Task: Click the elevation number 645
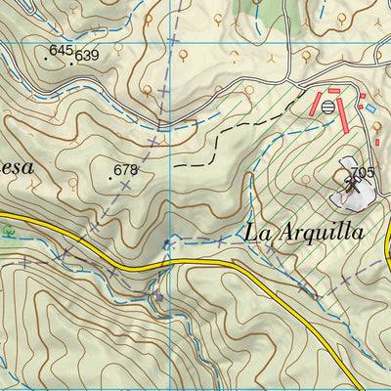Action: [x=61, y=49]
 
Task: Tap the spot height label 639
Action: [x=87, y=56]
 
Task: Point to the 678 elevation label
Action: [x=126, y=170]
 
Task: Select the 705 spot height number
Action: [x=364, y=174]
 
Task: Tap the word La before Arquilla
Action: [x=257, y=233]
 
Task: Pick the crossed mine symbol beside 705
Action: [x=350, y=179]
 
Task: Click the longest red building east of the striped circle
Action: [x=343, y=116]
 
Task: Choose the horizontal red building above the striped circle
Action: [x=333, y=91]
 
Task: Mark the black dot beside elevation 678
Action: [x=110, y=179]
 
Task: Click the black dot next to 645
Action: [x=46, y=58]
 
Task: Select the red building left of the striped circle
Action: [x=315, y=106]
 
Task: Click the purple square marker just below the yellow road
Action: [x=158, y=295]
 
